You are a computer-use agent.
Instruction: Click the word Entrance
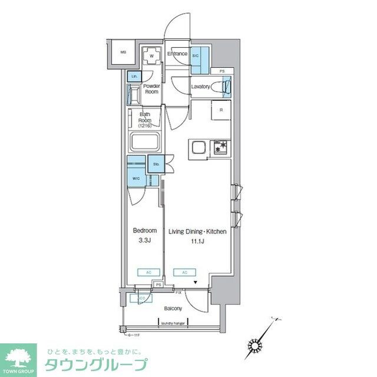(x=177, y=54)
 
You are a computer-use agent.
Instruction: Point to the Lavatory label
(x=201, y=87)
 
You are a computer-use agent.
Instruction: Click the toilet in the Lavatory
(x=223, y=87)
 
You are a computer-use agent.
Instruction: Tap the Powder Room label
(x=152, y=89)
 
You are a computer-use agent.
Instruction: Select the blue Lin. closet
(x=134, y=77)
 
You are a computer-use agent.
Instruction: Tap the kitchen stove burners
(x=220, y=148)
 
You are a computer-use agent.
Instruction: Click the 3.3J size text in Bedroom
(x=144, y=241)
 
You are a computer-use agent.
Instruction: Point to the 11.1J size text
(x=197, y=241)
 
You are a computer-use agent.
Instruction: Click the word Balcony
(x=172, y=309)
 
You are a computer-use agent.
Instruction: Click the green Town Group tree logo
(x=19, y=358)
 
